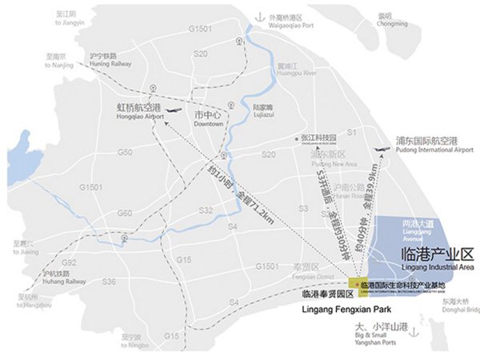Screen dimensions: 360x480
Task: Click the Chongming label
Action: click(390, 19)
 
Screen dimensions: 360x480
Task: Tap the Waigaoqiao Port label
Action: click(294, 19)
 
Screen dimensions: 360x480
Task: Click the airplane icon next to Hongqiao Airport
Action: click(176, 113)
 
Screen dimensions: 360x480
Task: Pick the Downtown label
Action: click(206, 120)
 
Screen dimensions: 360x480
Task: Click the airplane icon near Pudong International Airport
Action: click(382, 151)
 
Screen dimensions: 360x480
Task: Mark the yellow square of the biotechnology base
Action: click(354, 285)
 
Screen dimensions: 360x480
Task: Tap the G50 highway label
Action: click(125, 152)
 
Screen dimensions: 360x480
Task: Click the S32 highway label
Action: click(206, 210)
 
